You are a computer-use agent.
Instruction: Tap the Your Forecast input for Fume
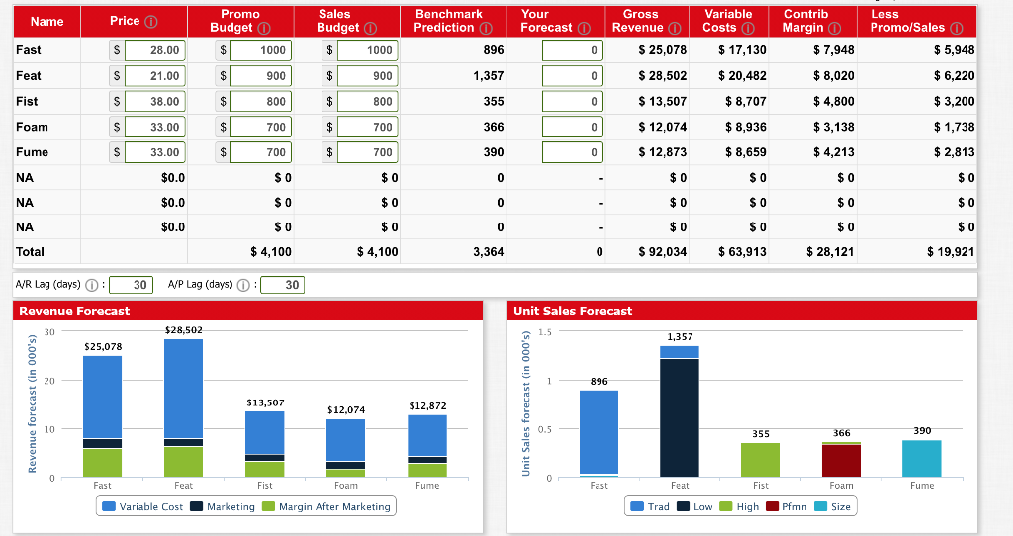tap(572, 152)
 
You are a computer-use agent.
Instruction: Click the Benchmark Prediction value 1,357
tap(489, 75)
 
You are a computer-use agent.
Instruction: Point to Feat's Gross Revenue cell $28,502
tap(662, 75)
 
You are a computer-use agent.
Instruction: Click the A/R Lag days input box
tap(139, 285)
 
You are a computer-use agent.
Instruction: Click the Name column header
tap(46, 21)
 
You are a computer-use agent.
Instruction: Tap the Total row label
tap(30, 252)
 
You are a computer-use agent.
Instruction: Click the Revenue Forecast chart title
tap(74, 311)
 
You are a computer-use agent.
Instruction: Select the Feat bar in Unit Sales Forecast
tap(680, 415)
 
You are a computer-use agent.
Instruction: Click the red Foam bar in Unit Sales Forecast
tap(841, 460)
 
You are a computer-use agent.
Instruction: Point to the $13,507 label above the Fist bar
tap(264, 402)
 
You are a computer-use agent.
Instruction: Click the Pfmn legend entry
tap(788, 506)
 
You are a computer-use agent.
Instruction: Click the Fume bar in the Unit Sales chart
tap(922, 458)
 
